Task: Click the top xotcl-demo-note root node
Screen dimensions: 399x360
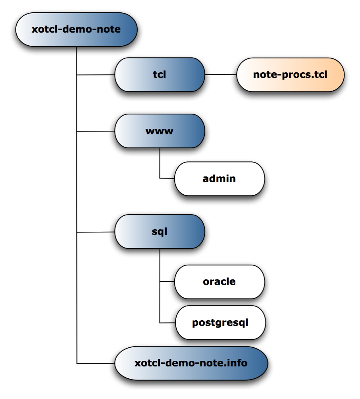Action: pos(76,30)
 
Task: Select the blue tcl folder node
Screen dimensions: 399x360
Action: pos(160,75)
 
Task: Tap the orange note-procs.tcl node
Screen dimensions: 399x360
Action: pos(290,75)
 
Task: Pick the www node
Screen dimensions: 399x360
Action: pos(160,131)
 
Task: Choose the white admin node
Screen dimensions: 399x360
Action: pos(219,179)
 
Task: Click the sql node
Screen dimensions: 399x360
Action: pos(160,232)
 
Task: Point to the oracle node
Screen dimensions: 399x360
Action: pos(219,282)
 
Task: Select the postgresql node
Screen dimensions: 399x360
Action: pos(220,323)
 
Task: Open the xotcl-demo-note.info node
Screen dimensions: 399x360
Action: pos(191,363)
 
